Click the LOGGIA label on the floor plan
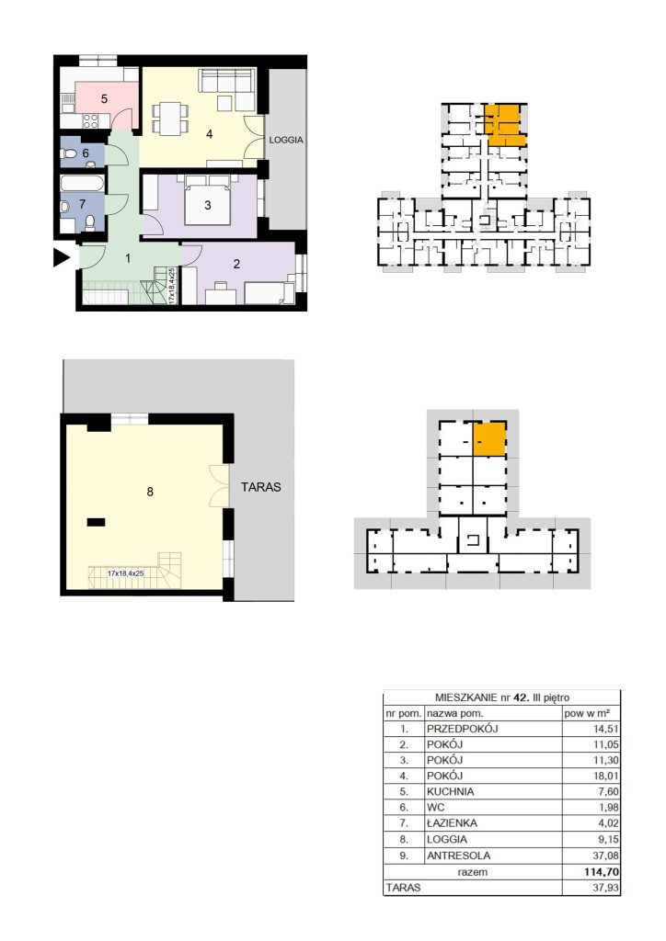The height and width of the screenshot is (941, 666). (x=286, y=140)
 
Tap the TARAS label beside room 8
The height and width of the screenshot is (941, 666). (x=260, y=487)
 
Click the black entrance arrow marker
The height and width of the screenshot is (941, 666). (x=62, y=257)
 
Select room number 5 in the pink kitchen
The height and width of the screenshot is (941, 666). (x=104, y=99)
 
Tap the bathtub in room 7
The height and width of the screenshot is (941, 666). (x=83, y=184)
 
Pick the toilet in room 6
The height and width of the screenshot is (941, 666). (x=68, y=153)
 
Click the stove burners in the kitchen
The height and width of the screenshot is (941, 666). (x=91, y=121)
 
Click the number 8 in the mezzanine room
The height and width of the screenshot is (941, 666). (x=150, y=493)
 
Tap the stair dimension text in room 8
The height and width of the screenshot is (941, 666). (x=125, y=573)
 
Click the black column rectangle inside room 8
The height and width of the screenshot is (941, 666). (x=96, y=523)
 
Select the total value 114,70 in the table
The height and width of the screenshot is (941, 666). (x=601, y=872)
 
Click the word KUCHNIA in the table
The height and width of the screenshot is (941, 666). (x=450, y=791)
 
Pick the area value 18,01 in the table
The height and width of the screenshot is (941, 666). (x=605, y=776)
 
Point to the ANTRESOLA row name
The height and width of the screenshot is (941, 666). (x=458, y=856)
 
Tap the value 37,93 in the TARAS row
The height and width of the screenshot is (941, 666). (x=605, y=888)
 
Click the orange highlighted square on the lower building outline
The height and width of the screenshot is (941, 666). (x=489, y=438)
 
